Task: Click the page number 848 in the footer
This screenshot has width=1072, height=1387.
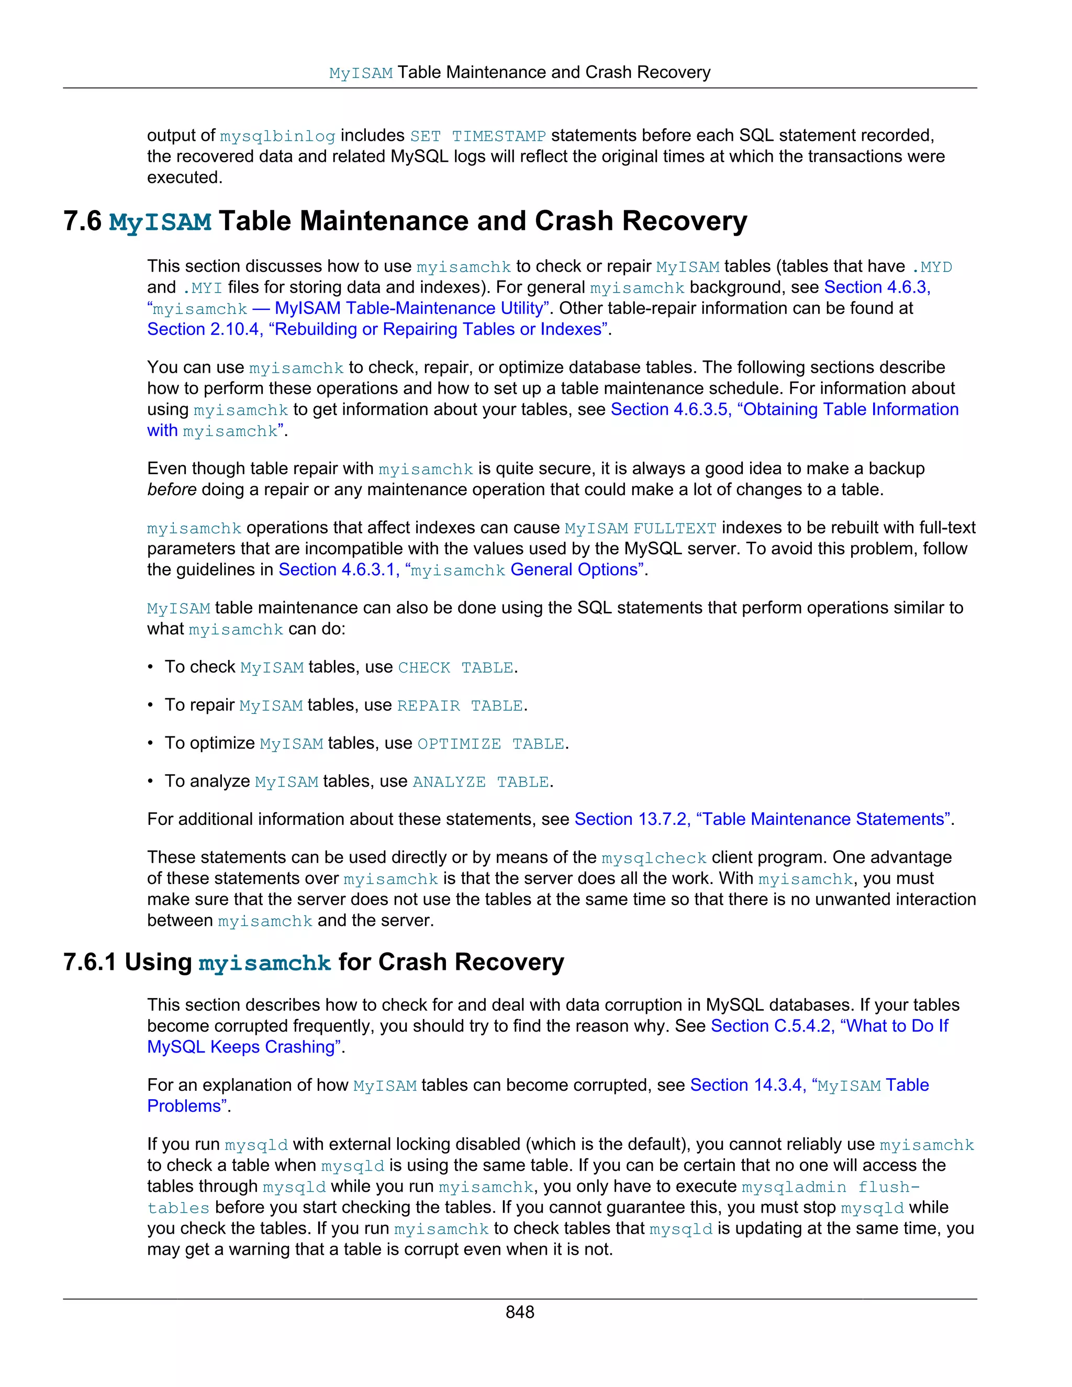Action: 519,1312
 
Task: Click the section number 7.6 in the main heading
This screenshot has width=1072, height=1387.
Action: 83,221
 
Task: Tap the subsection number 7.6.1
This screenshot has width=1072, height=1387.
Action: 90,962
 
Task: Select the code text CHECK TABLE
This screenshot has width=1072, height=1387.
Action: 455,668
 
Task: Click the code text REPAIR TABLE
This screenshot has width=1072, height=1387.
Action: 460,706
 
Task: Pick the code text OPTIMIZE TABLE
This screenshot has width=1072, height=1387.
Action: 490,744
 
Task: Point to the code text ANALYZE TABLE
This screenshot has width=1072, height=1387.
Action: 481,782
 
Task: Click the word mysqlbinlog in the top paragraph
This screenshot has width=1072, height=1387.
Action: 277,137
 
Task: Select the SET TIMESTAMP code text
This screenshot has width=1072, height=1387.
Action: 477,137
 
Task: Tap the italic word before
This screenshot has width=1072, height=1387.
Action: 172,490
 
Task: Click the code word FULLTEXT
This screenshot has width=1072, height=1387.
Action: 674,529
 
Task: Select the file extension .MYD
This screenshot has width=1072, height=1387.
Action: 932,267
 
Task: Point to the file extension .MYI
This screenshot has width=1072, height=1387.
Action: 202,288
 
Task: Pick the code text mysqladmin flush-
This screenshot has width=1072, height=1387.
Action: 831,1188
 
